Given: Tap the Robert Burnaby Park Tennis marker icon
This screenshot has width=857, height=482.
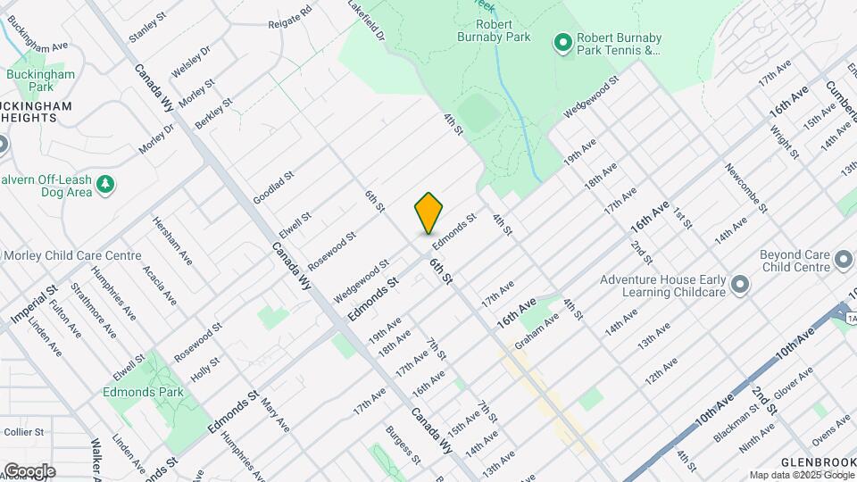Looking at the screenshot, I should pos(562,41).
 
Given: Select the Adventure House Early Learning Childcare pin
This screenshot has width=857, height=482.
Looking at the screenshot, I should pos(739,284).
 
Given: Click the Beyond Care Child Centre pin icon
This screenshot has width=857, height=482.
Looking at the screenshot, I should pos(844,262).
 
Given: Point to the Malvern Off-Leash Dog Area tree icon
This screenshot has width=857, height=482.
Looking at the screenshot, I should pos(106,184).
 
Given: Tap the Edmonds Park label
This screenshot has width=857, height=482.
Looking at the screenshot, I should pos(143,392).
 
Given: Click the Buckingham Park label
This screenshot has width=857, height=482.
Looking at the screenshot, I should pos(41,81).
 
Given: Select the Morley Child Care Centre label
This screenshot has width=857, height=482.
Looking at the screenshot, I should pos(73,255).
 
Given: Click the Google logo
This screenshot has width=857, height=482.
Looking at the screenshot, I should pos(29,470).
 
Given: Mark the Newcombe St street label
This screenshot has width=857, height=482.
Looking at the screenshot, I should pos(745,188).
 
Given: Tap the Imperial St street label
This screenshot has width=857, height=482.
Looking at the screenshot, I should pos(34,304).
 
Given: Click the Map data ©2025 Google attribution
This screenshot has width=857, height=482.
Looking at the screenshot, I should pos(800,475).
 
